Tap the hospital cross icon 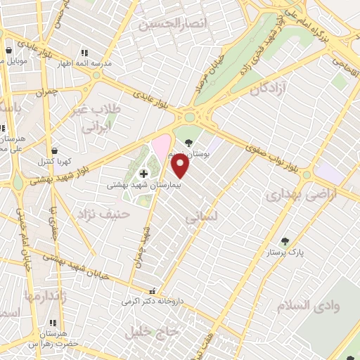[x=143, y=174]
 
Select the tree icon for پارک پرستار [x=285, y=241]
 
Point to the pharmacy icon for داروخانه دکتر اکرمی [x=152, y=291]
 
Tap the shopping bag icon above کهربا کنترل [x=55, y=150]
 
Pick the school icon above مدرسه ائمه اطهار [x=84, y=53]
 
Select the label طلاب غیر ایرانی [x=98, y=120]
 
